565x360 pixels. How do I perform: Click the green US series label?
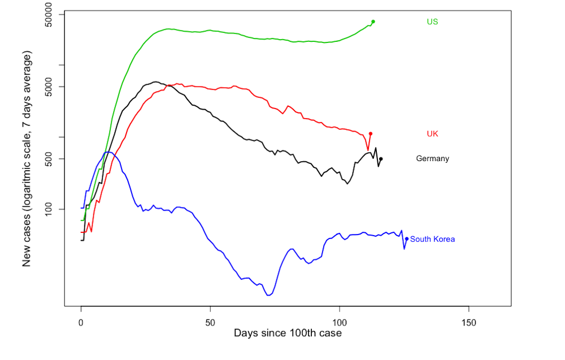point(432,21)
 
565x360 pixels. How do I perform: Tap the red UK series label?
point(432,134)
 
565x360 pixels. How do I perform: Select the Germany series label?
point(432,159)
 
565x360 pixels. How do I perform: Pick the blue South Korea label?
point(432,239)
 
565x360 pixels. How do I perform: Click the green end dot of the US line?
point(373,21)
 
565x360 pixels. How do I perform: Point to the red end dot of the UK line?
point(371,133)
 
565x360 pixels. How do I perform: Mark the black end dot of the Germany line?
point(381,159)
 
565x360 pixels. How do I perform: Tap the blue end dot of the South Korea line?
point(406,238)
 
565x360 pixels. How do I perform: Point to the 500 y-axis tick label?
point(51,159)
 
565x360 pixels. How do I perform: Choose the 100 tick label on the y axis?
point(51,209)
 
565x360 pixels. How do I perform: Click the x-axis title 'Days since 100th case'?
point(288,333)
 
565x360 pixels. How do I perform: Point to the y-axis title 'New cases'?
point(27,159)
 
